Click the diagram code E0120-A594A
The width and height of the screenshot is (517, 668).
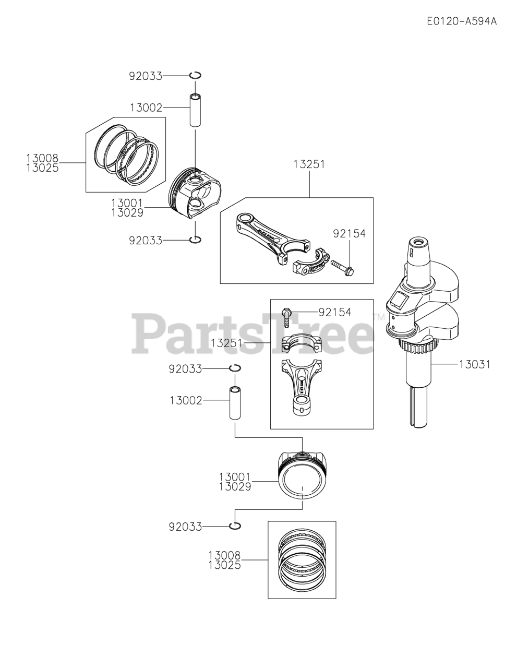click(x=461, y=21)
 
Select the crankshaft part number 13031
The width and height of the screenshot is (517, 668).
click(x=475, y=364)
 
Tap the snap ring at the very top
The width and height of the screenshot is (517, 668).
click(x=196, y=76)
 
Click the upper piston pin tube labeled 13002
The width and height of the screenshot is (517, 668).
click(x=196, y=110)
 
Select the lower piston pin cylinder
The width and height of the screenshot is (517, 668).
click(x=235, y=403)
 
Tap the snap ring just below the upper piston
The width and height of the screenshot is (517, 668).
click(x=196, y=240)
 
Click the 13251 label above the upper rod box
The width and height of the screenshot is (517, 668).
click(x=309, y=164)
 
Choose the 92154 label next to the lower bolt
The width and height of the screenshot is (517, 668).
click(x=335, y=313)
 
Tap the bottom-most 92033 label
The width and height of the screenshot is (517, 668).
click(x=185, y=527)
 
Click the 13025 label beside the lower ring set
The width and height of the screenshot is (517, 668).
click(x=224, y=565)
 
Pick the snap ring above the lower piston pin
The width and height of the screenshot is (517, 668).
click(x=235, y=368)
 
